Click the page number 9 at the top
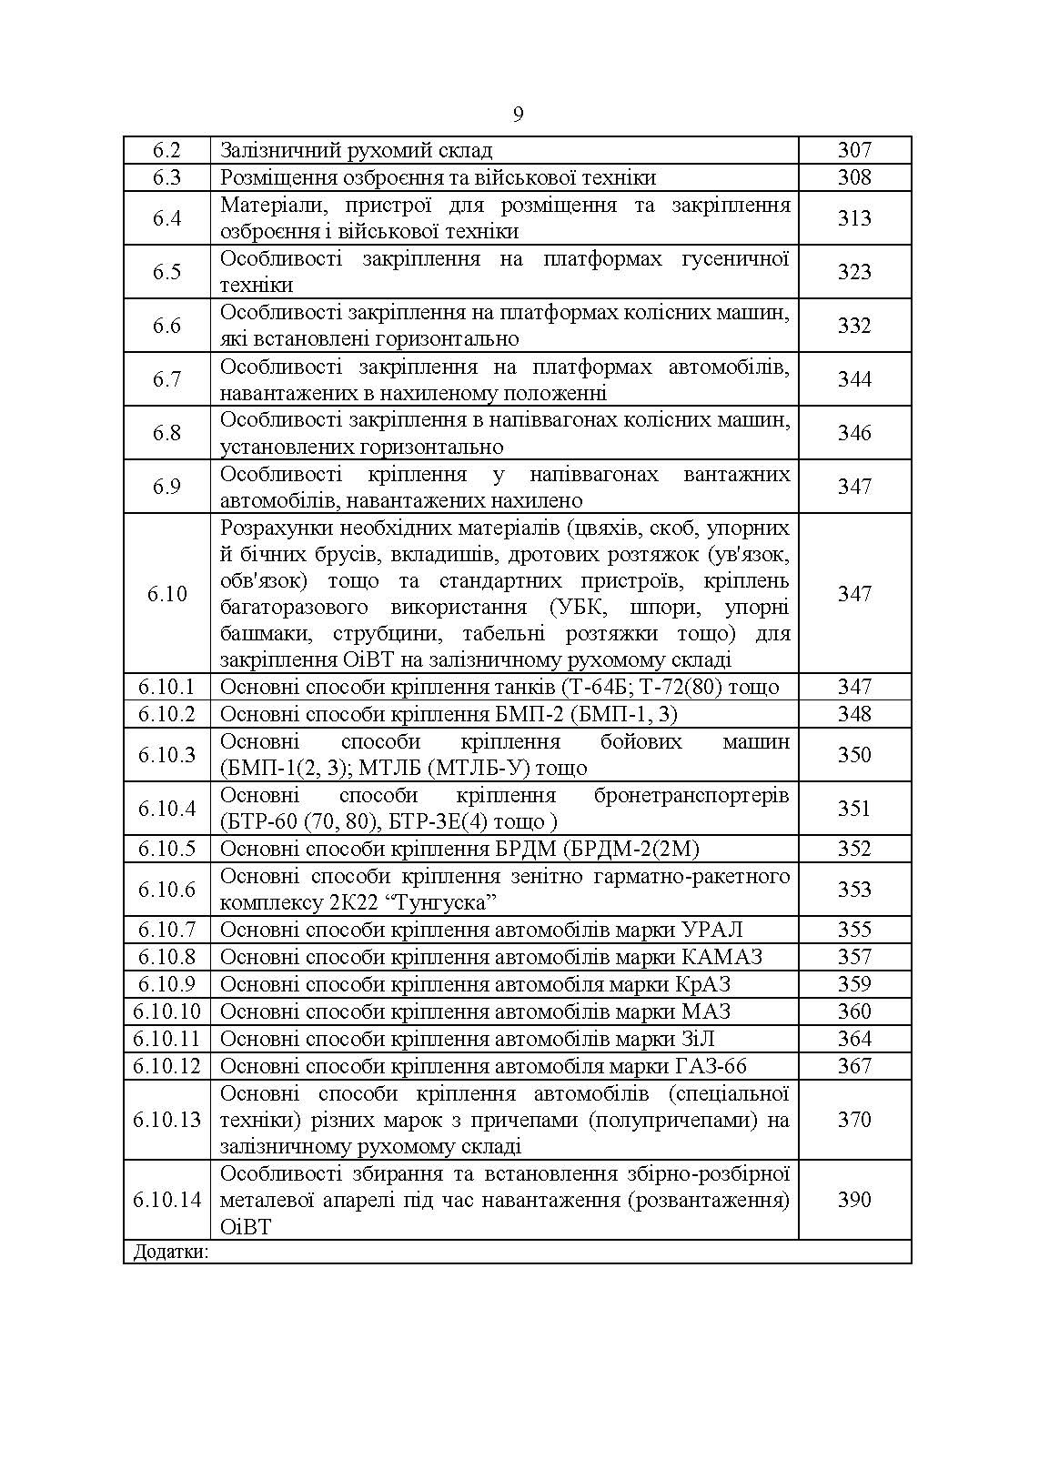tap(519, 115)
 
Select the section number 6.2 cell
tap(166, 151)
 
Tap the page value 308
tap(854, 177)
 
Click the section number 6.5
tap(166, 272)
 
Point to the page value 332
tap(854, 326)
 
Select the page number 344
tap(854, 379)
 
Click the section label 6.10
tap(166, 594)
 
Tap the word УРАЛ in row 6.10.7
tap(711, 930)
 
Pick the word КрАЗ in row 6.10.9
tap(702, 984)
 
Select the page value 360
tap(854, 1011)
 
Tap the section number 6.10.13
tap(166, 1120)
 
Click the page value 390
tap(854, 1200)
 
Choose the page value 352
tap(854, 849)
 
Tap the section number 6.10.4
tap(166, 809)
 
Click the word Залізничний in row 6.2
tap(275, 151)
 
